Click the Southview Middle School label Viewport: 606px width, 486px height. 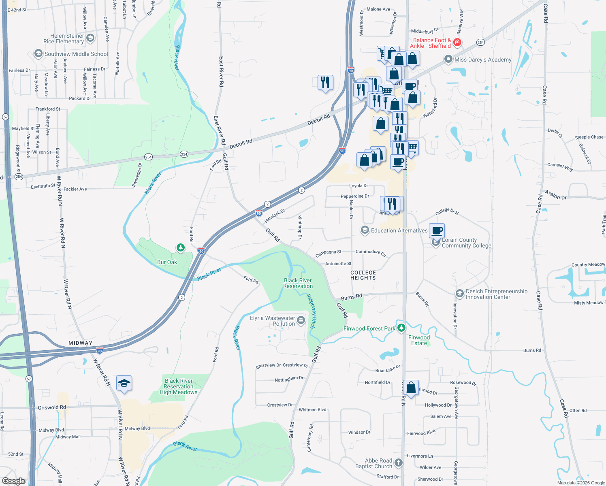pyautogui.click(x=76, y=54)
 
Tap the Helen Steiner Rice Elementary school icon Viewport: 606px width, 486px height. pyautogui.click(x=90, y=38)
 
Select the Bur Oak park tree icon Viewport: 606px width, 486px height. pyautogui.click(x=180, y=247)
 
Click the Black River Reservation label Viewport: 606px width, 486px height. pyautogui.click(x=298, y=283)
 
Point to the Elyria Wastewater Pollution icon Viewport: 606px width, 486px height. pyautogui.click(x=301, y=321)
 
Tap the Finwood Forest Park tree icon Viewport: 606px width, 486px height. pyautogui.click(x=401, y=328)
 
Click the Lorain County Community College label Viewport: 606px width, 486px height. pyautogui.click(x=466, y=243)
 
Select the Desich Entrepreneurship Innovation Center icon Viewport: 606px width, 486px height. pyautogui.click(x=459, y=294)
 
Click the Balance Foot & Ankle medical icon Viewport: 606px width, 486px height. pyautogui.click(x=457, y=43)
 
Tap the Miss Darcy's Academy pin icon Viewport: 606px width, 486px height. pyautogui.click(x=448, y=60)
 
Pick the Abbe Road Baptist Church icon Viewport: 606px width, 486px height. pyautogui.click(x=399, y=463)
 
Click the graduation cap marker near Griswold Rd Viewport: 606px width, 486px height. pyautogui.click(x=124, y=383)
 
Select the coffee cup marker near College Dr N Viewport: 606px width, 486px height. pyautogui.click(x=437, y=231)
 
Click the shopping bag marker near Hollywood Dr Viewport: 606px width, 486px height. pyautogui.click(x=411, y=388)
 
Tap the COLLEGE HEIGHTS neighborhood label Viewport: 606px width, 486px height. pyautogui.click(x=363, y=275)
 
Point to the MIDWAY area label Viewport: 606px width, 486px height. pyautogui.click(x=80, y=343)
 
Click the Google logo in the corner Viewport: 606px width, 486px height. pyautogui.click(x=14, y=481)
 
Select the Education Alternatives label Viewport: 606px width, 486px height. pyautogui.click(x=399, y=230)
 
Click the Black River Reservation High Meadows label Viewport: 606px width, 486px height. pyautogui.click(x=179, y=386)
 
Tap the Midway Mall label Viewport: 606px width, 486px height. pyautogui.click(x=68, y=437)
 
